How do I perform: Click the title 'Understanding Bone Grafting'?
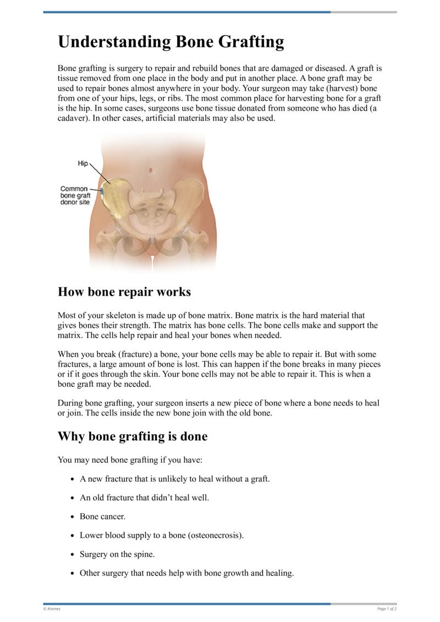point(170,42)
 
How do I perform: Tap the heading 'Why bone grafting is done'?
point(133,437)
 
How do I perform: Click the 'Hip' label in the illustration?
point(82,164)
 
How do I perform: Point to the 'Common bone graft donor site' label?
point(74,195)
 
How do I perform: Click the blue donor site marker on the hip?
point(102,190)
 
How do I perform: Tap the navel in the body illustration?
point(150,171)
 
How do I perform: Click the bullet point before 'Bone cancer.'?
point(73,517)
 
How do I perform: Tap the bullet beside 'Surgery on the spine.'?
point(73,554)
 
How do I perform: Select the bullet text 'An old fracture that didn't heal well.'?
point(144,498)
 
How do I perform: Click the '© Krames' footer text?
point(52,609)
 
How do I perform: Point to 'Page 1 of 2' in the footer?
point(387,609)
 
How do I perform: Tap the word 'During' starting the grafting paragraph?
point(70,403)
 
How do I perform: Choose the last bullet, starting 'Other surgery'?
point(186,573)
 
